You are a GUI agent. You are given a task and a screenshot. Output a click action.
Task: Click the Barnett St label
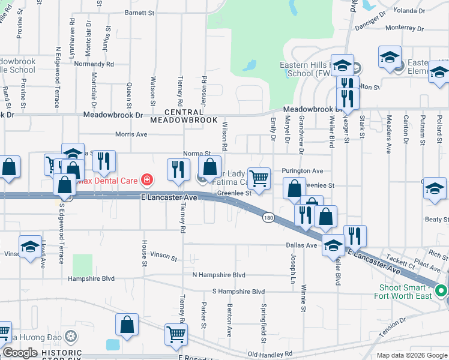140,12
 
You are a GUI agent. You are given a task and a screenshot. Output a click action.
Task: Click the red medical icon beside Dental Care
146,179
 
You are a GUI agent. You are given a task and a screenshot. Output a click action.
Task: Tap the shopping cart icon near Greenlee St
259,178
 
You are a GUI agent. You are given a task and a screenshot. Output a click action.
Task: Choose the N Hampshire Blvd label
218,275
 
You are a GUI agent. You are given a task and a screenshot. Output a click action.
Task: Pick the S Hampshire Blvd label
238,292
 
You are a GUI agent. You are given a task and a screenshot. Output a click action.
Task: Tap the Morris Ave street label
131,134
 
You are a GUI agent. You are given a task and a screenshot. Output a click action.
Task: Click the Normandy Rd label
94,64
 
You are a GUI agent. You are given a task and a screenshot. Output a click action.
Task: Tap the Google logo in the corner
20,353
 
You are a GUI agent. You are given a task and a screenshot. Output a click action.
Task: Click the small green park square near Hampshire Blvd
83,265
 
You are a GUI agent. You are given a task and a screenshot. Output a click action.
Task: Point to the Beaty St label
433,220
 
